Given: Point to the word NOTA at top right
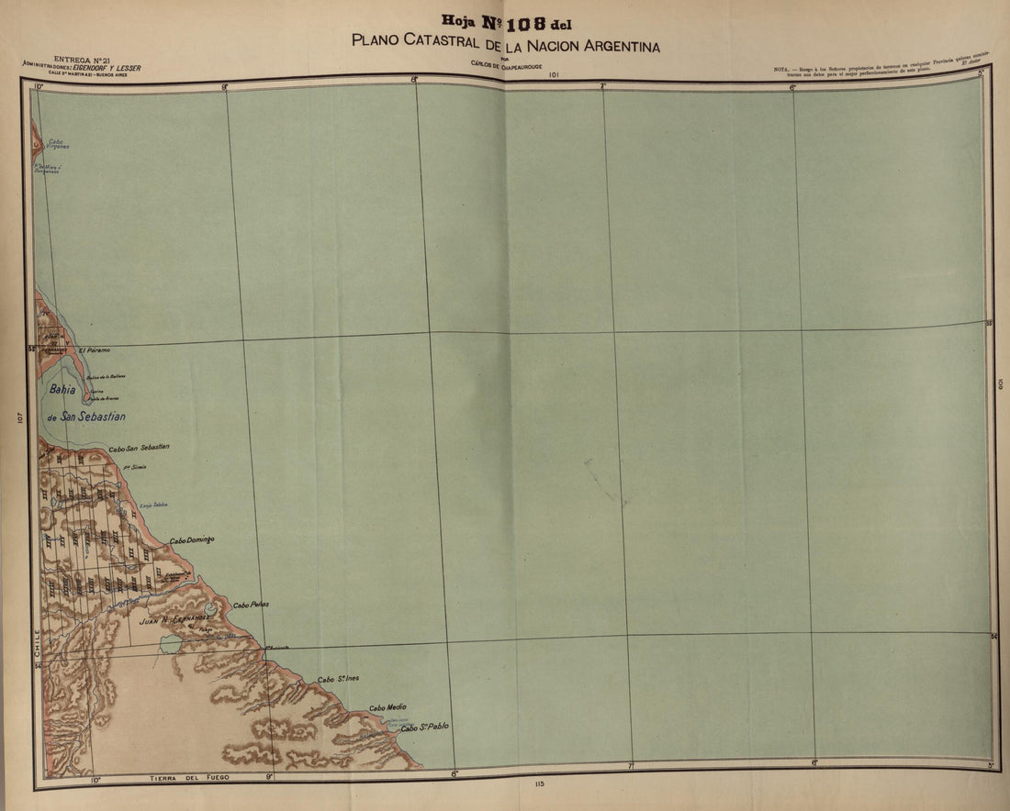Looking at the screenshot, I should pos(782,69).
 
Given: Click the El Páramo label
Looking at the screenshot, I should pos(94,350).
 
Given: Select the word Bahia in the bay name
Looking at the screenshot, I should pos(62,389).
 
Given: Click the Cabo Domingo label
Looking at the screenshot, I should pos(192,540).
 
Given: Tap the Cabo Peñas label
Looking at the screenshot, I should pos(251,605).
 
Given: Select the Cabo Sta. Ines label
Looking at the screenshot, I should pos(338,679).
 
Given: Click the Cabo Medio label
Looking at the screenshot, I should pos(387,707).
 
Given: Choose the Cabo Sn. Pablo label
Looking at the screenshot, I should pos(424,727).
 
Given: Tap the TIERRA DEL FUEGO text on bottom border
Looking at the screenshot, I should pos(190,778).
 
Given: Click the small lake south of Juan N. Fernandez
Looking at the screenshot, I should pos(171,644).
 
